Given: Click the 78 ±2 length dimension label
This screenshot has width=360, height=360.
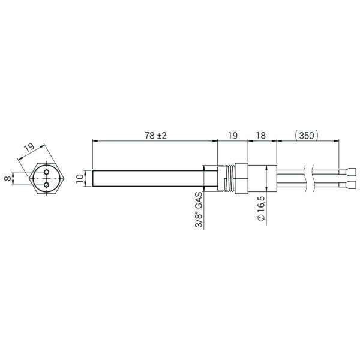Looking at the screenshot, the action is [155, 136].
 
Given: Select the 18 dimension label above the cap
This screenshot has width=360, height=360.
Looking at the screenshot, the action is [261, 136].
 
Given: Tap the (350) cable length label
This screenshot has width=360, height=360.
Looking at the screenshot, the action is [307, 136].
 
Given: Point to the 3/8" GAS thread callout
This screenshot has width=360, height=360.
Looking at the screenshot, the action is [199, 209].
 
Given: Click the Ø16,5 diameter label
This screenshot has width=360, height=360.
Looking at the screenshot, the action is [262, 209].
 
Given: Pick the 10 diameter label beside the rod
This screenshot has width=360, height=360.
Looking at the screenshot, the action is [80, 178].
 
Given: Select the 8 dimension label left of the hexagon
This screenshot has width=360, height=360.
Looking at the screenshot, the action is [8, 178].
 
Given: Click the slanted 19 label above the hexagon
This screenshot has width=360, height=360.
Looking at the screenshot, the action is [29, 147].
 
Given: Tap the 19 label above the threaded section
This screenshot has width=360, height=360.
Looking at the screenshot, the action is [233, 136].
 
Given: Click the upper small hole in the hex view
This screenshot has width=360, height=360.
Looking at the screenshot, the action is [47, 172].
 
